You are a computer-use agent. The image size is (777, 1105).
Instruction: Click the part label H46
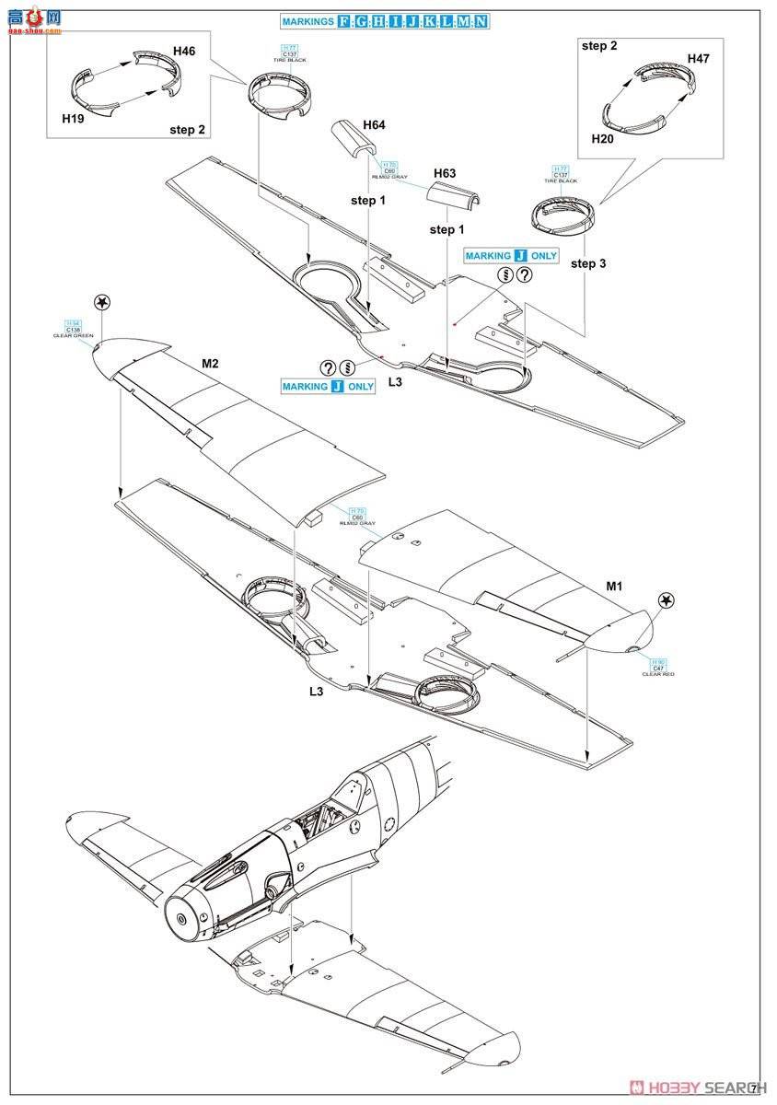click(183, 52)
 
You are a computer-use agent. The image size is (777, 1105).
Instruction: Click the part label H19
click(73, 119)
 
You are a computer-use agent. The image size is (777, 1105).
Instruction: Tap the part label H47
click(699, 58)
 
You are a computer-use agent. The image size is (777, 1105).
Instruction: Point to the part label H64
click(374, 124)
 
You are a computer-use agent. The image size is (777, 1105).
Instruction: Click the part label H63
click(445, 173)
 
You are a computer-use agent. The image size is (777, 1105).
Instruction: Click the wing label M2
click(210, 364)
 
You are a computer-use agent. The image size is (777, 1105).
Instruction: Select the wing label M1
click(615, 585)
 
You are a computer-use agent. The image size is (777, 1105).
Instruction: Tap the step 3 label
click(588, 263)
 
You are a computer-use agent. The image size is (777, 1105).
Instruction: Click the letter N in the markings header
click(482, 20)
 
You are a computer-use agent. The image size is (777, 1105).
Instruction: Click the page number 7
click(754, 1088)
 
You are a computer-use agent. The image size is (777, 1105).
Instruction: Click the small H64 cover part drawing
click(353, 139)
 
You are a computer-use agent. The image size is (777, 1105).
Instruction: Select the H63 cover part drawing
click(457, 194)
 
